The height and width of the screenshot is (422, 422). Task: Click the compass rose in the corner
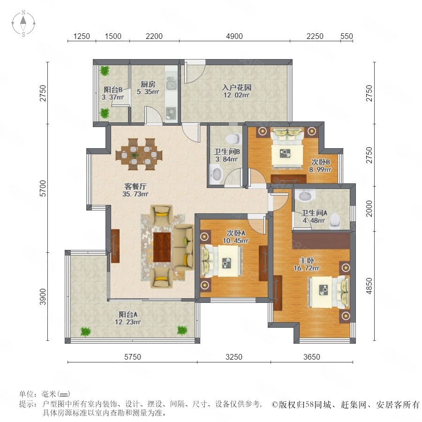pyautogui.click(x=23, y=23)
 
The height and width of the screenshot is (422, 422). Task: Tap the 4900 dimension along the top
pyautogui.click(x=234, y=36)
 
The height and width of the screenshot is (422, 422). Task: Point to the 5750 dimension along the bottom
pyautogui.click(x=132, y=357)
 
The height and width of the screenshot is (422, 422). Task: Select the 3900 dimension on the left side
pyautogui.click(x=43, y=297)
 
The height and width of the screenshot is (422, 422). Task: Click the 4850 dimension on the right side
pyautogui.click(x=369, y=286)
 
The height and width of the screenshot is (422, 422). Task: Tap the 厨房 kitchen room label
pyautogui.click(x=148, y=84)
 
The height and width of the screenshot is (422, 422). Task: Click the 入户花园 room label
pyautogui.click(x=237, y=87)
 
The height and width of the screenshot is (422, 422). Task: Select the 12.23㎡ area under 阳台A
pyautogui.click(x=128, y=322)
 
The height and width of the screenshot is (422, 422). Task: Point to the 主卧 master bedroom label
pyautogui.click(x=307, y=261)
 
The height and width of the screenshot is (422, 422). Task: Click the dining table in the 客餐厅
pyautogui.click(x=139, y=154)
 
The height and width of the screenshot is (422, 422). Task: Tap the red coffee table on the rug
pyautogui.click(x=162, y=247)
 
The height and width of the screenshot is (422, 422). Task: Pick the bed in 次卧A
pyautogui.click(x=222, y=261)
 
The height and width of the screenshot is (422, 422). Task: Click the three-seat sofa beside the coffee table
pyautogui.click(x=183, y=247)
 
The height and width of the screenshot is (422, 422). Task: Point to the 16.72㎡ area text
pyautogui.click(x=307, y=268)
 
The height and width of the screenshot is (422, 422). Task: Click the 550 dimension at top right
pyautogui.click(x=347, y=36)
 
